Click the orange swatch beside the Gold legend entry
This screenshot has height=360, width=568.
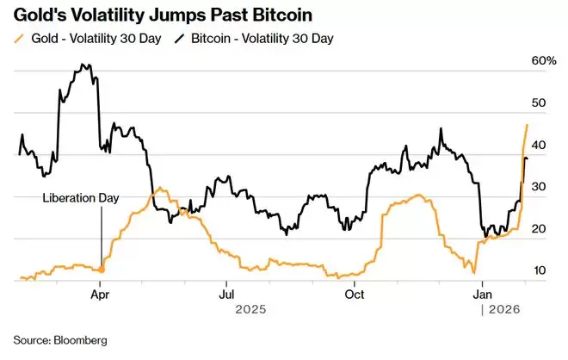point(20,38)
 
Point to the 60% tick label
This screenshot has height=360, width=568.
point(545,60)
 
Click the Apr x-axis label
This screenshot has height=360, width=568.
point(102,293)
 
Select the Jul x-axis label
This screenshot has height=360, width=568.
point(225,293)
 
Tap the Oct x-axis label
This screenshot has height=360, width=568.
point(353,293)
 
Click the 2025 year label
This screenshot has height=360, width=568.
point(250,308)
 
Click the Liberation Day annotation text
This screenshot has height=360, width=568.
point(81,197)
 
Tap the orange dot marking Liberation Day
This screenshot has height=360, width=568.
point(102,270)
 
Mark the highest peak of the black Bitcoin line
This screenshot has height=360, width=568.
point(82,65)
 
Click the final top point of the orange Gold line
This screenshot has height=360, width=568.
point(527,125)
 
